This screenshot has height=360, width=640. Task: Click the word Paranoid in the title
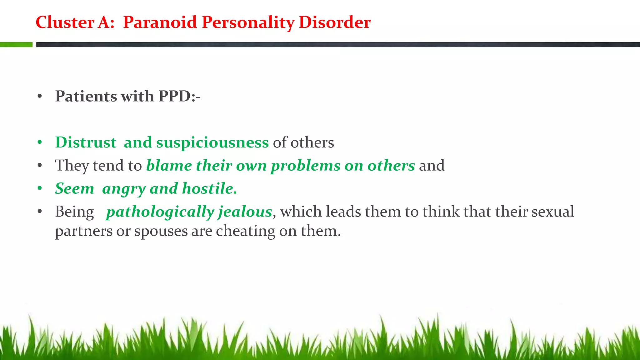tap(160, 22)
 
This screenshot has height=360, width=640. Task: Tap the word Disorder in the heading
tap(334, 22)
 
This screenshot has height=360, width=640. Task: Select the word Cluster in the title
tap(65, 22)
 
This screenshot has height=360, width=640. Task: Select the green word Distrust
tap(86, 142)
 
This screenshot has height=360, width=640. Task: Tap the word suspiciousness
tap(212, 142)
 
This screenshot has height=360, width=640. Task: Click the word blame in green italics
tap(169, 166)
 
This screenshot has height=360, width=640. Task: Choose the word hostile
tap(209, 188)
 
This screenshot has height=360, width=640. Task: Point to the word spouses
tap(161, 232)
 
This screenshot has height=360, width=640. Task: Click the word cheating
tap(245, 232)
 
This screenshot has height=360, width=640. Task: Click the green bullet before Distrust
tap(40, 142)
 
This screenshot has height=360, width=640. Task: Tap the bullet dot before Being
tap(40, 212)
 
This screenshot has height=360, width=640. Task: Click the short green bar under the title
tap(16, 45)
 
